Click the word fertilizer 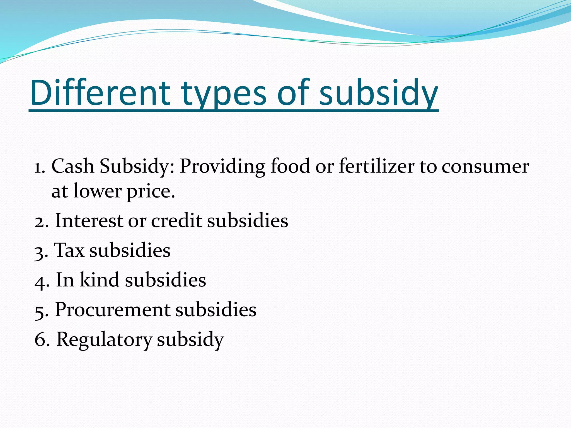tap(376, 166)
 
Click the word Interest tap(89, 221)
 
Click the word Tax tap(69, 250)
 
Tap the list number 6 tap(40, 340)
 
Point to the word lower tap(97, 192)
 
